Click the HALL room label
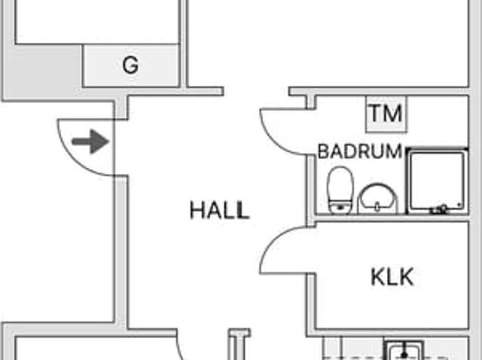pyautogui.click(x=219, y=210)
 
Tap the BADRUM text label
pyautogui.click(x=359, y=151)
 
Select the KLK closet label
pyautogui.click(x=392, y=276)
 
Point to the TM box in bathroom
pyautogui.click(x=386, y=114)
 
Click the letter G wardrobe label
pyautogui.click(x=130, y=66)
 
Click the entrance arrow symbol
pyautogui.click(x=90, y=142)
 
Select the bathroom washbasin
pyautogui.click(x=376, y=197)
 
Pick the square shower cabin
pyautogui.click(x=436, y=181)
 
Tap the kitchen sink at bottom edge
pyautogui.click(x=404, y=352)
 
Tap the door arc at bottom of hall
pyautogui.click(x=181, y=348)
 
